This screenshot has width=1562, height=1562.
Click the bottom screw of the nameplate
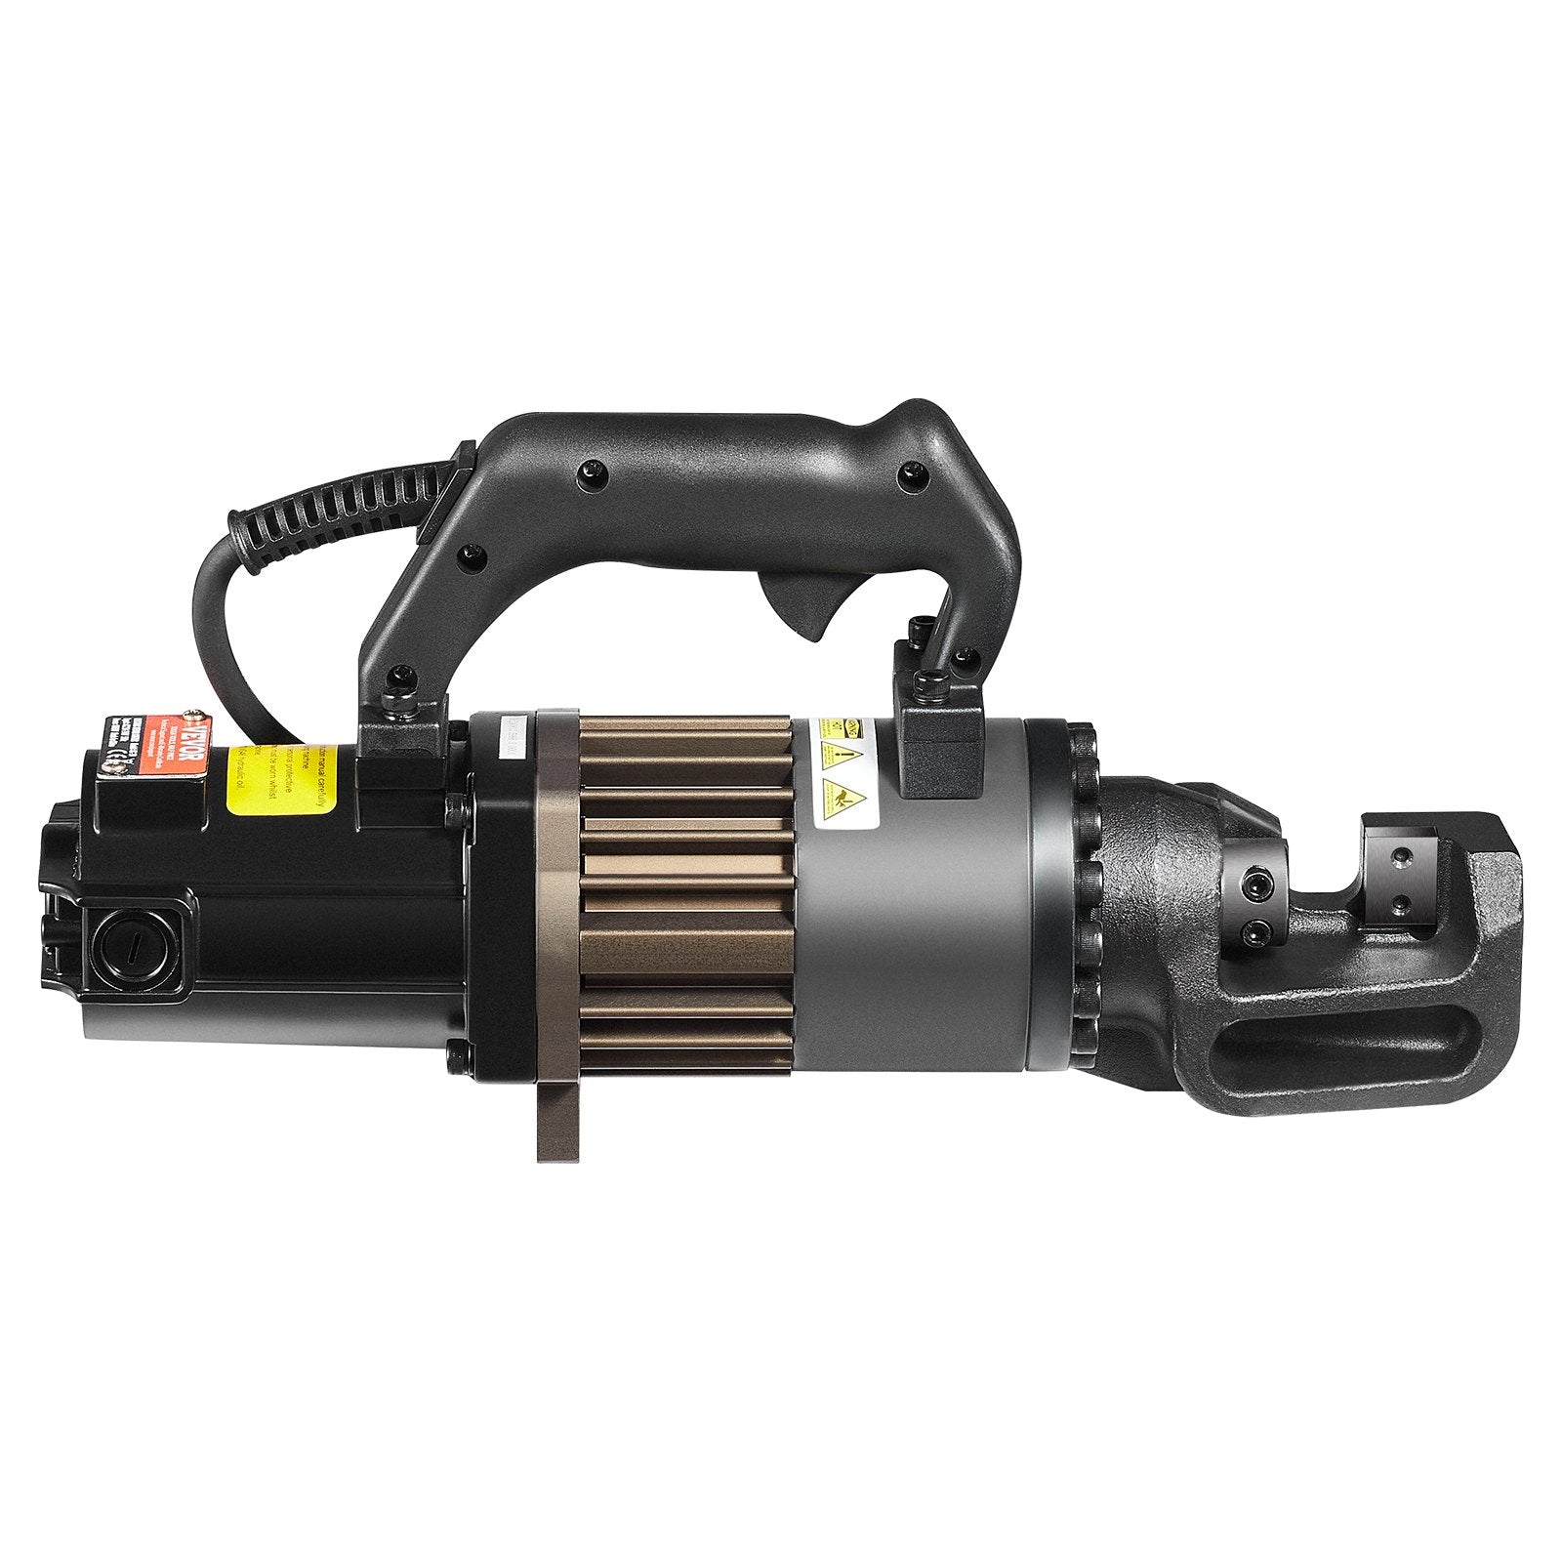(x=113, y=767)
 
